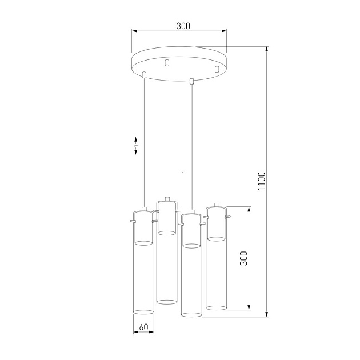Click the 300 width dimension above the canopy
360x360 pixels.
[183, 26]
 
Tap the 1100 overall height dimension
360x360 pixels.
[262, 181]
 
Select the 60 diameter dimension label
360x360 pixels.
[143, 327]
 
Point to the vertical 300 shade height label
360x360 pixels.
[243, 258]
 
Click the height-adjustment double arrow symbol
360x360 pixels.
[135, 146]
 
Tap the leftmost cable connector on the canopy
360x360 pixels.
[144, 75]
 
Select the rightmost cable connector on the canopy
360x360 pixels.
[217, 69]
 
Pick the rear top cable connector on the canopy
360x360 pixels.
[167, 63]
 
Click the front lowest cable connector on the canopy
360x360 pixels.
[191, 81]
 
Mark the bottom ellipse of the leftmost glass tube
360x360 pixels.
[143, 312]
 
